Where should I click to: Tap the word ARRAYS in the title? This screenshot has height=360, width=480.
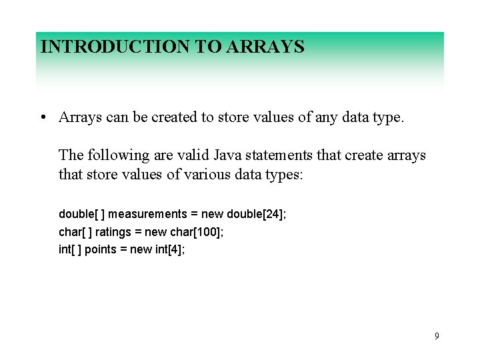point(266,47)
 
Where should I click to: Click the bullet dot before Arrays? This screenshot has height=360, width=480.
point(42,118)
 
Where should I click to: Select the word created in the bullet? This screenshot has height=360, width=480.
point(175,117)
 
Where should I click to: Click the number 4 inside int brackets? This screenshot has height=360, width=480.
point(177,249)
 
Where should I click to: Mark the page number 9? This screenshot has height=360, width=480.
point(437,336)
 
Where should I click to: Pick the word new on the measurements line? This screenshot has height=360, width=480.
point(212,214)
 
